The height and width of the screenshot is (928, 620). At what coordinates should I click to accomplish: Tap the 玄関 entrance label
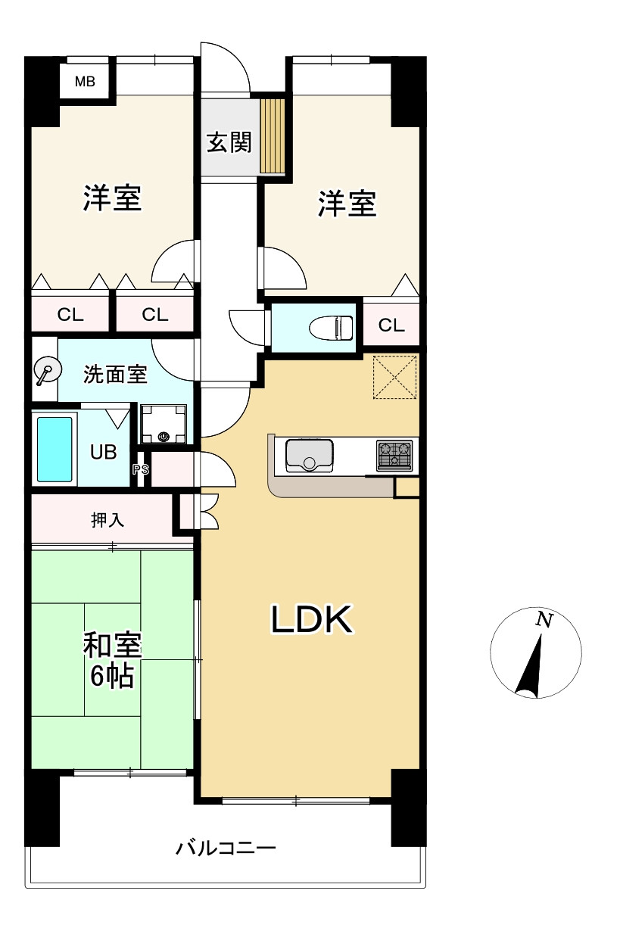pos(229,142)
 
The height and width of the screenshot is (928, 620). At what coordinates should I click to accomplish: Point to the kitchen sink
pos(309,456)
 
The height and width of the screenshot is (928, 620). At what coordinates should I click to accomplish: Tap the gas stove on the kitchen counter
pos(394,456)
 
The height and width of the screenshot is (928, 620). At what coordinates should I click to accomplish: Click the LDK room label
pos(311,621)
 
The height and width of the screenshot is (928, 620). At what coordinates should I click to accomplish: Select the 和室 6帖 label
pos(111,660)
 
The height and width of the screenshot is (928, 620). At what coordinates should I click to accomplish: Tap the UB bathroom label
pos(103,452)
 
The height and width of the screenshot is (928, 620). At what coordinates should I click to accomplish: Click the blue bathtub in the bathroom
pos(55,449)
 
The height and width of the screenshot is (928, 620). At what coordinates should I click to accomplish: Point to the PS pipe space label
pos(141,469)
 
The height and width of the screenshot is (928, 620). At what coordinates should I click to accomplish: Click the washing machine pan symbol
pos(164,423)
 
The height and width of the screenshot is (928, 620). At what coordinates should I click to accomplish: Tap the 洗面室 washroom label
pos(115,373)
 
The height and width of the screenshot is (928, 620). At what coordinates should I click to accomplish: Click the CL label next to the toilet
pos(391,325)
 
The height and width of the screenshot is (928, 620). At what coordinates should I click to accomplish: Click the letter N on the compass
pos(543,620)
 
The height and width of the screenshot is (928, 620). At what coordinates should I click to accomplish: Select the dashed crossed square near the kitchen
pos(395,376)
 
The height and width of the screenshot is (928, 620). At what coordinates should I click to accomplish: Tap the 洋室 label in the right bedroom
pos(347,204)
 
